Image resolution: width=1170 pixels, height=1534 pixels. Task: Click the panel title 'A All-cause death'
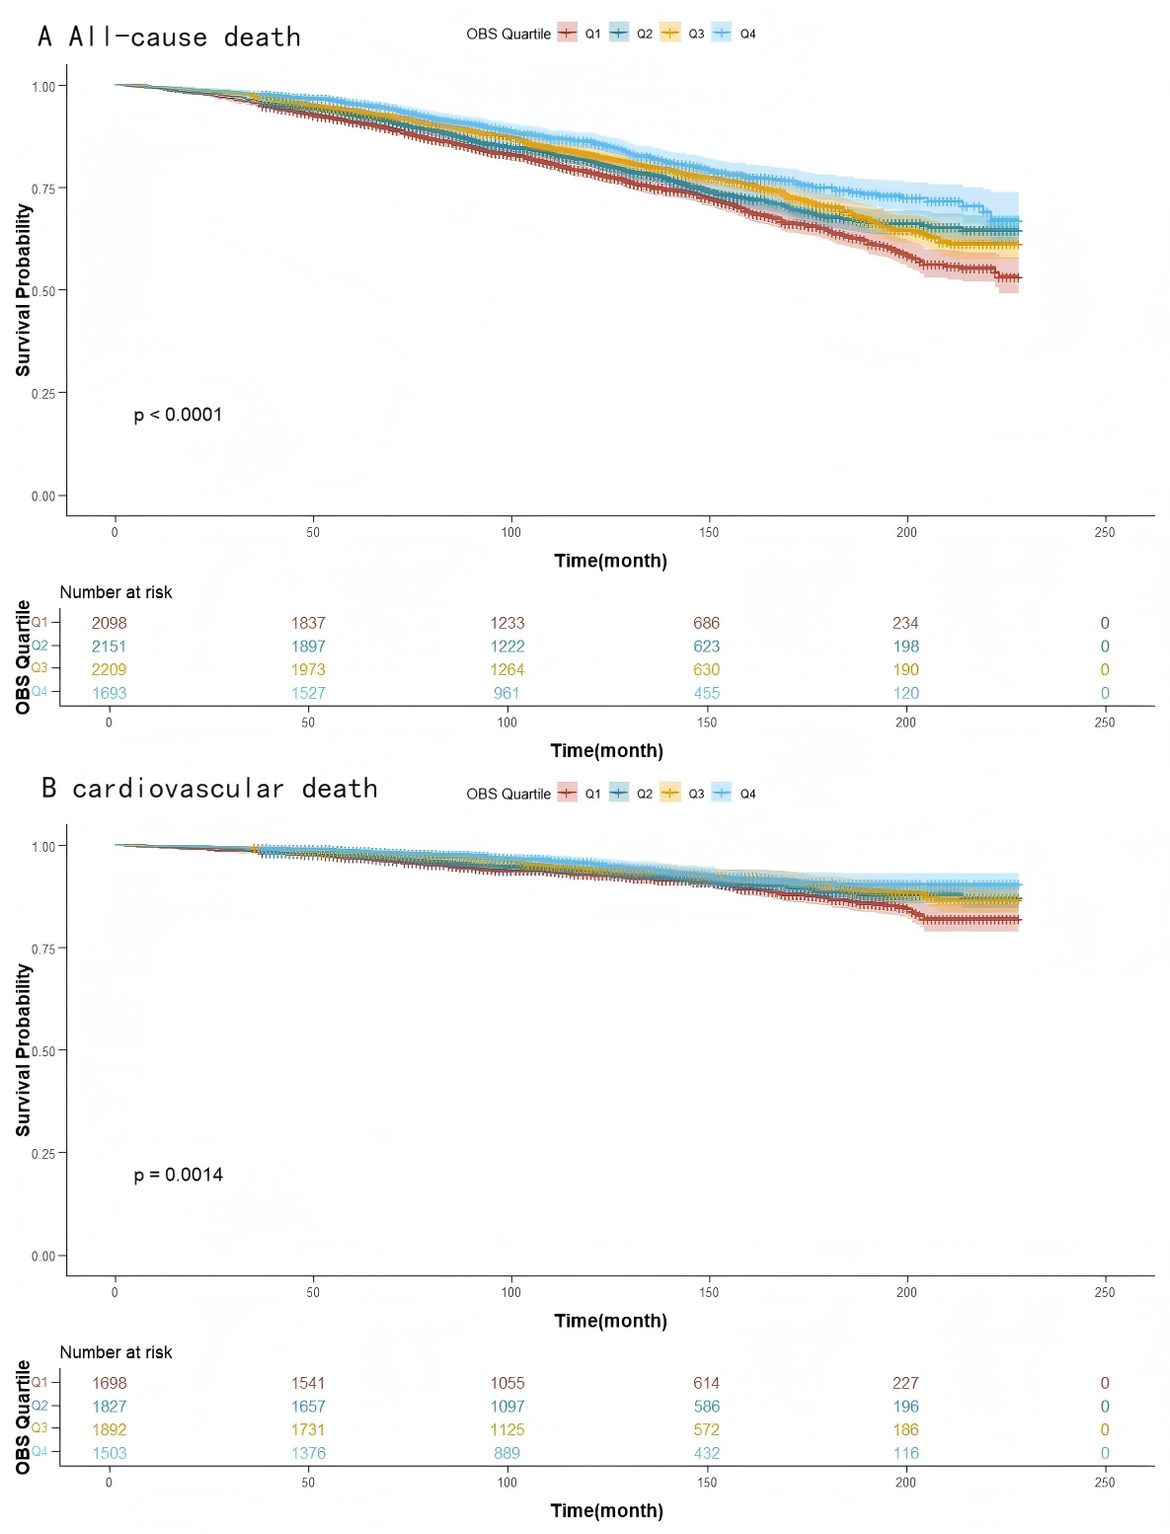click(169, 38)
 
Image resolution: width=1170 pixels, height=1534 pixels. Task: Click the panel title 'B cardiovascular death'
click(209, 789)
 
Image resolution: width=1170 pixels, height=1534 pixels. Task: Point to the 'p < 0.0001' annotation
click(178, 416)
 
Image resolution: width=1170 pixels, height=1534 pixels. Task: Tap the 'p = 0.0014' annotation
click(178, 1176)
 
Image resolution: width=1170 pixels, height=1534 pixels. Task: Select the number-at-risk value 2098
click(109, 624)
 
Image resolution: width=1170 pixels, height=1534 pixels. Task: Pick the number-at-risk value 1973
click(308, 670)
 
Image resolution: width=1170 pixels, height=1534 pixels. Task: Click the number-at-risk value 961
click(507, 694)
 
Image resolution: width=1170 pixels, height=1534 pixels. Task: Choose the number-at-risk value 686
click(706, 624)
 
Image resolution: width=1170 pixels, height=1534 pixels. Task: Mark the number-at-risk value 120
click(905, 694)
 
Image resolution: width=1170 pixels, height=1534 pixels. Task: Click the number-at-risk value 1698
click(109, 1384)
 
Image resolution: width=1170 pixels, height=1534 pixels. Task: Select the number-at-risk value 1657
click(308, 1407)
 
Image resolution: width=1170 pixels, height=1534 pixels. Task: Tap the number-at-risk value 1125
click(507, 1430)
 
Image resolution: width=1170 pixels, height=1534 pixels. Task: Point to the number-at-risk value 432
click(706, 1454)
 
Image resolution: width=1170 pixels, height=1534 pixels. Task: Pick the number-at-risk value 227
click(905, 1384)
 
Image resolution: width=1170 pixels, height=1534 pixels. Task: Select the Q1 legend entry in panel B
click(579, 794)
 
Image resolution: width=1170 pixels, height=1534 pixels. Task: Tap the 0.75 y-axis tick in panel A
click(43, 189)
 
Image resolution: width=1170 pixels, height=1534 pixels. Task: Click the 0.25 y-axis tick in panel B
click(43, 1153)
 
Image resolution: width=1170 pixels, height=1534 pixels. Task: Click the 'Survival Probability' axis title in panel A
click(23, 290)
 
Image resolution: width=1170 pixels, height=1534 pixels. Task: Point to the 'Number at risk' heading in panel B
click(116, 1353)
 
